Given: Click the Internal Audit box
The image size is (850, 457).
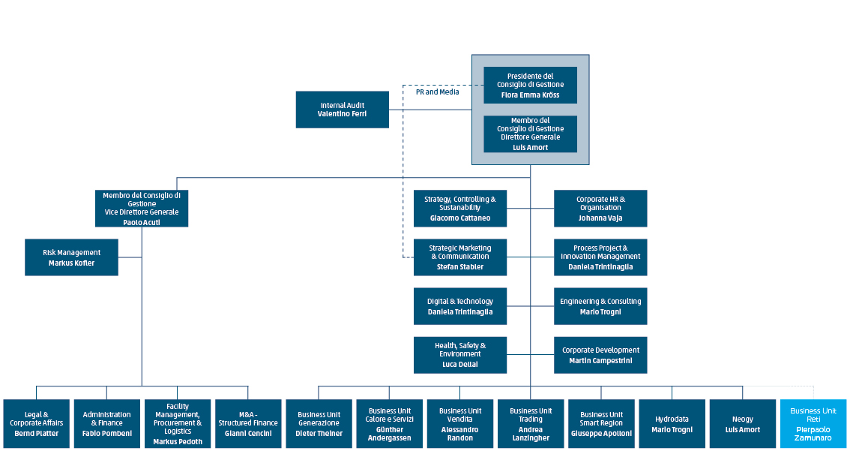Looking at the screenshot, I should pyautogui.click(x=342, y=110).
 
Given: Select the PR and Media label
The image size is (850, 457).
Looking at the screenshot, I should pyautogui.click(x=437, y=92).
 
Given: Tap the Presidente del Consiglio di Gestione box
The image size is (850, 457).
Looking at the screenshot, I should pyautogui.click(x=530, y=85).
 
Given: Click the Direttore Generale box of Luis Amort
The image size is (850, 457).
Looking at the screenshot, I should pyautogui.click(x=530, y=134).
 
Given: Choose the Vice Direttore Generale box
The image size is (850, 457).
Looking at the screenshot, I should pyautogui.click(x=142, y=208).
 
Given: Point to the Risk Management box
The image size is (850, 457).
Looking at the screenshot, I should pyautogui.click(x=71, y=257).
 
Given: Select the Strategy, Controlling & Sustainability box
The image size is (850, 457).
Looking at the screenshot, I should pyautogui.click(x=459, y=208).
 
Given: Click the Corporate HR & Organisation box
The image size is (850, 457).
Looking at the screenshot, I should pyautogui.click(x=600, y=208).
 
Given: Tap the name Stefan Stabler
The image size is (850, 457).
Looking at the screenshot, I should pyautogui.click(x=459, y=266).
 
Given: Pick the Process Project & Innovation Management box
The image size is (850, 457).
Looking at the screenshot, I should pyautogui.click(x=600, y=257).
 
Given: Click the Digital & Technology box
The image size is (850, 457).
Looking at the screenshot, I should pyautogui.click(x=459, y=305).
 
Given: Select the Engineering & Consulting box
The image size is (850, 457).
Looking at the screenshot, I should pyautogui.click(x=600, y=305).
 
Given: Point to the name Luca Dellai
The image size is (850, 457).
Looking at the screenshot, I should pyautogui.click(x=459, y=364).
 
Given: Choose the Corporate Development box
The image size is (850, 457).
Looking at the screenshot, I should pyautogui.click(x=600, y=354).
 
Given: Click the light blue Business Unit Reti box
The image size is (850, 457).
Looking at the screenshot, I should pyautogui.click(x=813, y=423).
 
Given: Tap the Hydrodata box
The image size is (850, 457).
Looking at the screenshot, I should pyautogui.click(x=672, y=423).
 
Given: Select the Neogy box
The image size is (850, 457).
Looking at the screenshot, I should pyautogui.click(x=742, y=423).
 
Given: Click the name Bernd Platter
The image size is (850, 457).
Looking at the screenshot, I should pyautogui.click(x=36, y=433).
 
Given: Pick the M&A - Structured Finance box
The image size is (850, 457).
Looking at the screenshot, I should pyautogui.click(x=248, y=423).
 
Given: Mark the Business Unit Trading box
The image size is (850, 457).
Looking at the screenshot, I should pyautogui.click(x=530, y=423).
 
